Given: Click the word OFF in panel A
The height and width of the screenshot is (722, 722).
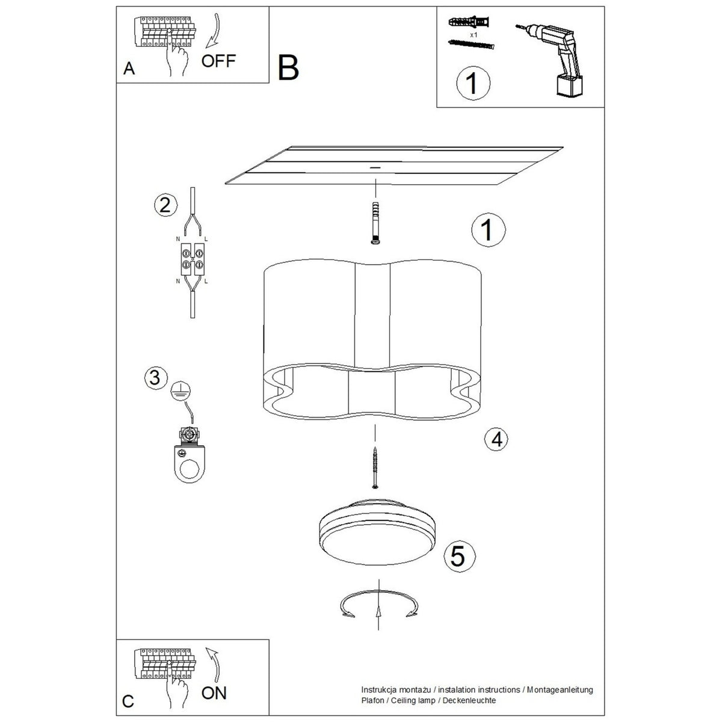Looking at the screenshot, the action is click(x=218, y=61).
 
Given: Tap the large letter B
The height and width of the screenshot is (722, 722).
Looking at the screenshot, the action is click(x=288, y=68).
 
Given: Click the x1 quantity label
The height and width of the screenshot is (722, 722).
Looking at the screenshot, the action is click(x=474, y=35).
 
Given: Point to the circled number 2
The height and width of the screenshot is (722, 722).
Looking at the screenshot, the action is click(x=165, y=205).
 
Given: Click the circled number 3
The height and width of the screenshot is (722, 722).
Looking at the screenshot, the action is click(x=155, y=378).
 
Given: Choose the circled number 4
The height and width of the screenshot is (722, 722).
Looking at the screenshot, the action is click(x=496, y=439).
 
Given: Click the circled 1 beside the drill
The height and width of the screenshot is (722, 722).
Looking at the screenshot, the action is click(x=474, y=83).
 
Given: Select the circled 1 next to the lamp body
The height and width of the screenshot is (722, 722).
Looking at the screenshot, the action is click(x=488, y=230).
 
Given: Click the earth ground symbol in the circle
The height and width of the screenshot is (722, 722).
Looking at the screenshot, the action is click(x=180, y=392).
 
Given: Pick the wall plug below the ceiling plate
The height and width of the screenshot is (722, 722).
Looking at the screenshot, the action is click(x=375, y=223).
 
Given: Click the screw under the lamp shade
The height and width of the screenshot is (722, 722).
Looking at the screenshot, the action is click(x=375, y=467).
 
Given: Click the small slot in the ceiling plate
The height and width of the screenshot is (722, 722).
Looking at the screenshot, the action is click(x=374, y=167).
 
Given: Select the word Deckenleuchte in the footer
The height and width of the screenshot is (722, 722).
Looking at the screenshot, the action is click(x=469, y=700).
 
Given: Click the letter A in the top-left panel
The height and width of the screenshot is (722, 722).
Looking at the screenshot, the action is click(x=129, y=69).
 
